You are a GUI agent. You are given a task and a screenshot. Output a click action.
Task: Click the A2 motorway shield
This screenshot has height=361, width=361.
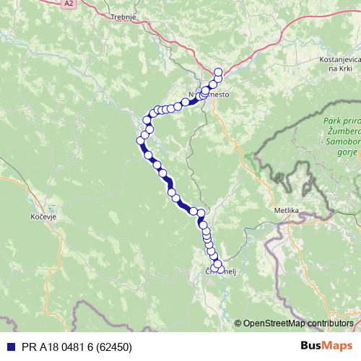pos(69,4)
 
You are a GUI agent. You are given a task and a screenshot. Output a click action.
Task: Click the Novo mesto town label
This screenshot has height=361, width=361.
pos(204,95)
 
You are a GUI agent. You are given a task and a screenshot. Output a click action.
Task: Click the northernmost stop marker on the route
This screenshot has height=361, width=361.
pos(218,71)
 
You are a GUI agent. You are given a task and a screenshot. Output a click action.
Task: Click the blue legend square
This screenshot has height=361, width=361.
pos(7,347)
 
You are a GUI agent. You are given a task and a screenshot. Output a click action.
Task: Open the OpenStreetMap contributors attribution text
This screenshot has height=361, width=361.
pos(299,323)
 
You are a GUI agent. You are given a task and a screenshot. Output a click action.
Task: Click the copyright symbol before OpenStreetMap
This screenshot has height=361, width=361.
pos(238,323)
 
